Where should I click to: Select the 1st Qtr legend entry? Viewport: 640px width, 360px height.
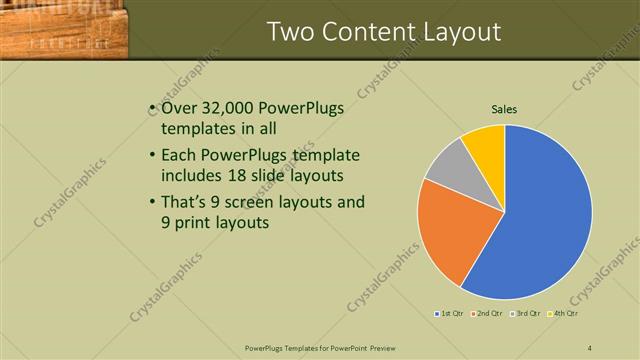[x=449, y=314]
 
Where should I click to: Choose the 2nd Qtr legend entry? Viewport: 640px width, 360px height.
[x=486, y=314]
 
